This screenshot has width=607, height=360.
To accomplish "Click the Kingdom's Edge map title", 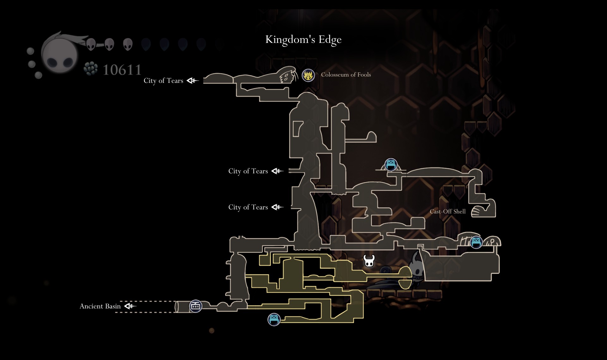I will tap(303, 40).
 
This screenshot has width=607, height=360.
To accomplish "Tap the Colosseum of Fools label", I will tap(346, 75).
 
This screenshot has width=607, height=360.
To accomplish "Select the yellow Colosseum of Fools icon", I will tap(308, 75).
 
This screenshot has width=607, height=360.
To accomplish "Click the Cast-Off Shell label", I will tap(447, 212).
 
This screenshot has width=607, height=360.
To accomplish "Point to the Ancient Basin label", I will tap(100, 306).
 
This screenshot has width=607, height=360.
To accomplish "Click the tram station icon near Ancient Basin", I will tap(195, 306).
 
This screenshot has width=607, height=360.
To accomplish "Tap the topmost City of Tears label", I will tap(163, 81).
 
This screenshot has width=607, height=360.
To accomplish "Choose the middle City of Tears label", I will tap(248, 171).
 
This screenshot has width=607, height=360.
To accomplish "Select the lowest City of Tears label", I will tap(248, 207).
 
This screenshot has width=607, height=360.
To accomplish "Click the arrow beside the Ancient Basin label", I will tap(130, 306).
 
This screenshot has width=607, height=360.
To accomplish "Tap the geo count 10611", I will tap(122, 70).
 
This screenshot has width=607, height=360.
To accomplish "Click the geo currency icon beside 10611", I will tap(91, 69).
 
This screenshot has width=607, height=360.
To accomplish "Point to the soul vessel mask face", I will tap(60, 56).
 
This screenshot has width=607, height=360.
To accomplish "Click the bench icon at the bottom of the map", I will tap(274, 320).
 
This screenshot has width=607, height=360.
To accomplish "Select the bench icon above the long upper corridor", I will tap(391, 164).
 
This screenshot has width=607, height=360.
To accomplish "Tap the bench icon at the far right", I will tap(476, 242).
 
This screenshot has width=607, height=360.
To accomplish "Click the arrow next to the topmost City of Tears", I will tap(193, 81).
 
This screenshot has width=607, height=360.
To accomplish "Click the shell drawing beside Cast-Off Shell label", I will tap(480, 212).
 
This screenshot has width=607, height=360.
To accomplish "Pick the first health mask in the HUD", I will tap(91, 44).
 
